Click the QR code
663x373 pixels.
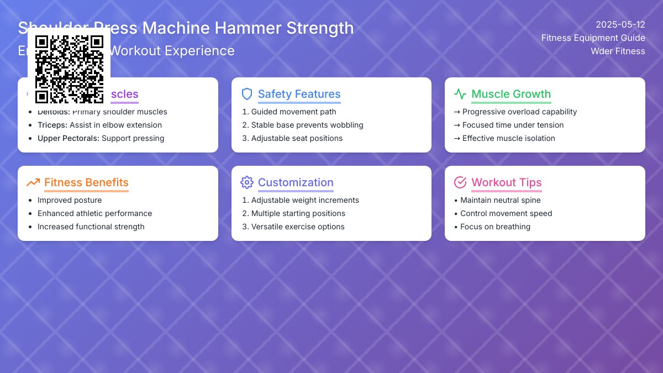69,69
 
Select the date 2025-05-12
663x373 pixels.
620,24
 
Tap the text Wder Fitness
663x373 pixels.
618,51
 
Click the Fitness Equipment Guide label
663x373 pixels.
593,38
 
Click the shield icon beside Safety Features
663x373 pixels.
247,94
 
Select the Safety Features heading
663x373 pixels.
299,94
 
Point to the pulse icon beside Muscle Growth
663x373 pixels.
460,94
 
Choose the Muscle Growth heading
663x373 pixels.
511,94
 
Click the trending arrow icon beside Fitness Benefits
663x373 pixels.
33,182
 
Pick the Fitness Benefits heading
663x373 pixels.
86,182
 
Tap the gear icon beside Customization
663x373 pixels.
247,182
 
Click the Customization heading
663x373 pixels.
296,182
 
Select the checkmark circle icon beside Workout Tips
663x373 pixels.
460,182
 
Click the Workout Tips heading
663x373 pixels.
506,182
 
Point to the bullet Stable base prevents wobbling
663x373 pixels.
307,125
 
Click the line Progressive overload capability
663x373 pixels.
519,112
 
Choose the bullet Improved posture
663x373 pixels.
70,200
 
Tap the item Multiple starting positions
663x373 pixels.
298,213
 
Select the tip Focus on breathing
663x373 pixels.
495,227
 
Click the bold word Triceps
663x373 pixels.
52,125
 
